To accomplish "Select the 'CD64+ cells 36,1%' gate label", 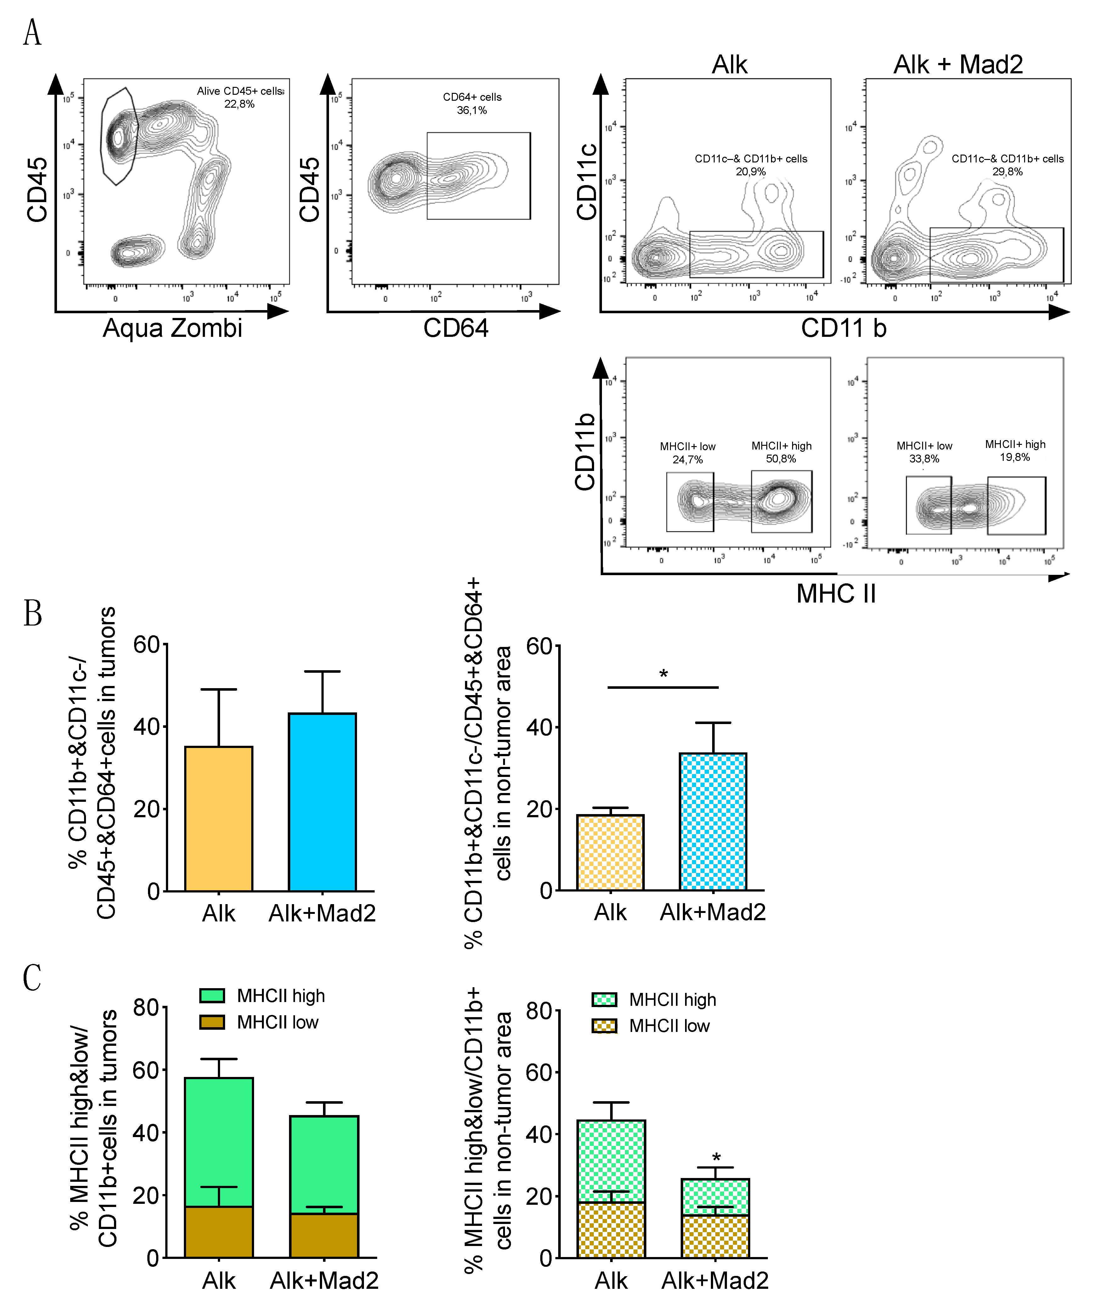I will click(472, 103).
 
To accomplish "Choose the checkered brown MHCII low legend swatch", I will click(604, 1026).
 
